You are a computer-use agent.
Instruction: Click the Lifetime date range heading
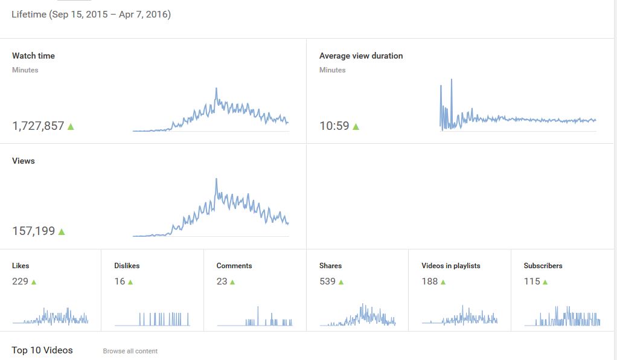pos(91,14)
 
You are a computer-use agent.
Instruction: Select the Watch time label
pos(33,56)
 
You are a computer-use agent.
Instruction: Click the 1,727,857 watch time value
pos(38,126)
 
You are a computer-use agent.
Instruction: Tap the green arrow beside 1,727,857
pos(71,126)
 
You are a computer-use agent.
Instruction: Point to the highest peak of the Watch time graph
pos(216,89)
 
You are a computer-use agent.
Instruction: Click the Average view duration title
pos(361,56)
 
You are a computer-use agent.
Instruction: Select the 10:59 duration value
pos(334,126)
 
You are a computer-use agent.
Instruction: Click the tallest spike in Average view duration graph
pos(452,80)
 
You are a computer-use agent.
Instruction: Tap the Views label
pos(23,161)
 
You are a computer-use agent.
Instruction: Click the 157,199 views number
pos(34,231)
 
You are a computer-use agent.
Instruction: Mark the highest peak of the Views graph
pos(216,179)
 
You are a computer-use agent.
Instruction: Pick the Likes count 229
pos(20,281)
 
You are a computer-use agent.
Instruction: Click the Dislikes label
pos(127,266)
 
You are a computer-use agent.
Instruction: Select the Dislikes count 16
pos(120,281)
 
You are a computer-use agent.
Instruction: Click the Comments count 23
pos(222,281)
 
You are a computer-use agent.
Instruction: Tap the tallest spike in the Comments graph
pos(258,308)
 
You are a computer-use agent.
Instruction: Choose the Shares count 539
pos(327,281)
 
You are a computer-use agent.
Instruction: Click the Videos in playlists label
pos(451,266)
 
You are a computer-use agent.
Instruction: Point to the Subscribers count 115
pos(532,281)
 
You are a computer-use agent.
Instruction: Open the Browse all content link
pos(130,351)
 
